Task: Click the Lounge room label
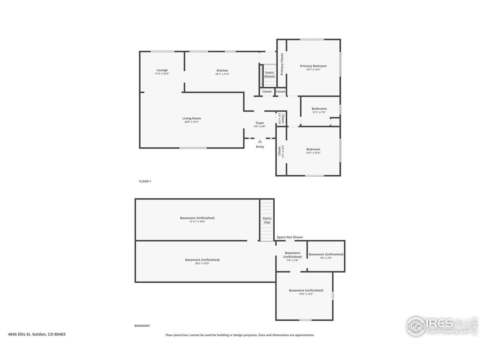(162, 70)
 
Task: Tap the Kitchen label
(222, 70)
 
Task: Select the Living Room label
(192, 118)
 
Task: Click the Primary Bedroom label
(313, 66)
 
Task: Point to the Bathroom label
(319, 109)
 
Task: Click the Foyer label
(260, 123)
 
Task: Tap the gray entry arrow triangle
(260, 141)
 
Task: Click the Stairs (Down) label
(269, 74)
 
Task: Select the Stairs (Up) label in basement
(267, 220)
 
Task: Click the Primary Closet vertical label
(282, 64)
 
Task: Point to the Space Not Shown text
(289, 237)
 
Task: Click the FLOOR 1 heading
(145, 181)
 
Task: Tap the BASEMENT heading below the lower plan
(142, 326)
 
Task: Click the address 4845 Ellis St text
(37, 334)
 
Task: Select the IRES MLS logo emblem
(416, 326)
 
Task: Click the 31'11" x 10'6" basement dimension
(197, 222)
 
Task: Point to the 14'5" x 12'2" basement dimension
(306, 294)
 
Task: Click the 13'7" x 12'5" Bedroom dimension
(313, 153)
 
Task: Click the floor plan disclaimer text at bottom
(240, 335)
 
